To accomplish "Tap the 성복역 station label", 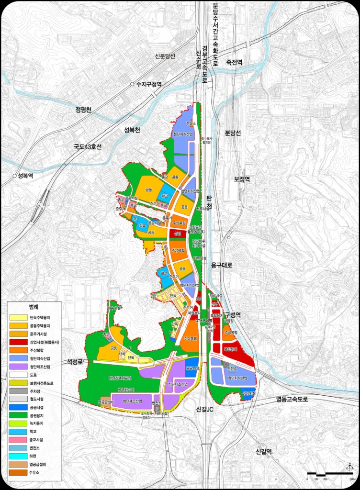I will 28,176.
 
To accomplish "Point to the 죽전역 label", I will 235,62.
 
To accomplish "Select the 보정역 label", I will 242,179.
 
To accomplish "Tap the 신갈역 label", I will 264,451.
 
